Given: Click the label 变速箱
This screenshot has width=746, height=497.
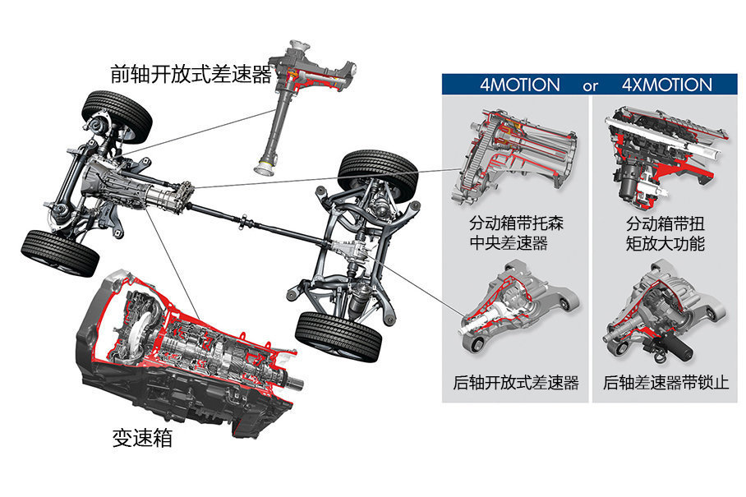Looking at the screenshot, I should (x=141, y=438).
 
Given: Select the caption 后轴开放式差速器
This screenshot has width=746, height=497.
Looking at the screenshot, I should (x=516, y=383).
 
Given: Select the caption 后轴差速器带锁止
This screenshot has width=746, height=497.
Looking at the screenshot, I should (x=665, y=383).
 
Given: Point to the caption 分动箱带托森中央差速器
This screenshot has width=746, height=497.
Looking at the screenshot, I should (x=516, y=233).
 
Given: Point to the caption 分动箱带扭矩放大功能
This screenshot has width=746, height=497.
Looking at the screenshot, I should (x=665, y=233).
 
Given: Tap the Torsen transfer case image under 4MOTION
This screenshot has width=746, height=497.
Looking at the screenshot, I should (x=513, y=160).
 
